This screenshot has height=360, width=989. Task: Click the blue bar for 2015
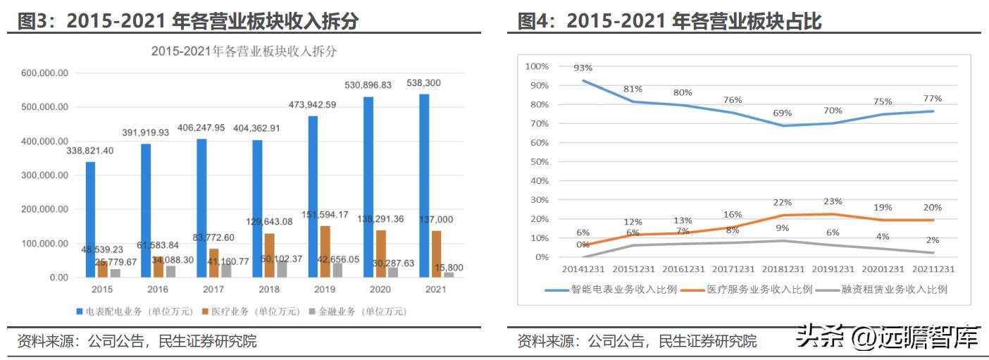click(90, 219)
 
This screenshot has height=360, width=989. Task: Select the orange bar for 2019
click(325, 251)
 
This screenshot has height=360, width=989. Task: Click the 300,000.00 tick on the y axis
click(45, 175)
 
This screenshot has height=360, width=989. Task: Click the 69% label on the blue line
click(783, 113)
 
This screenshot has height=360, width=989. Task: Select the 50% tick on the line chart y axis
click(537, 162)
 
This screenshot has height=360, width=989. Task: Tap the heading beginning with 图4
click(669, 22)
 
